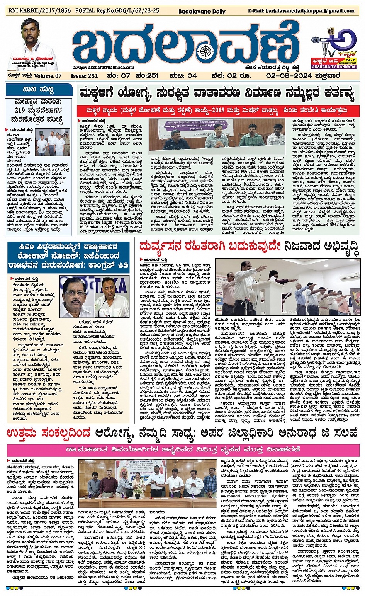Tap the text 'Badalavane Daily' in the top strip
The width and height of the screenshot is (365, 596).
tap(202, 11)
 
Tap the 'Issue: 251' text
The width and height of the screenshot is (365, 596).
tap(85, 76)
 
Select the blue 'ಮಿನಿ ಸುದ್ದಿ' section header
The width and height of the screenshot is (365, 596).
tap(39, 90)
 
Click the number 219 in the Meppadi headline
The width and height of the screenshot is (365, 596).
tap(19, 110)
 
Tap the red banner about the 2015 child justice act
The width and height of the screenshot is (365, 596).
tap(217, 111)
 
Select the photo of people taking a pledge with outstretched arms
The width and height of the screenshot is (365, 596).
tap(288, 286)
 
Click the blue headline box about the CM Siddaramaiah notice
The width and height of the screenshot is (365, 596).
tap(69, 257)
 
